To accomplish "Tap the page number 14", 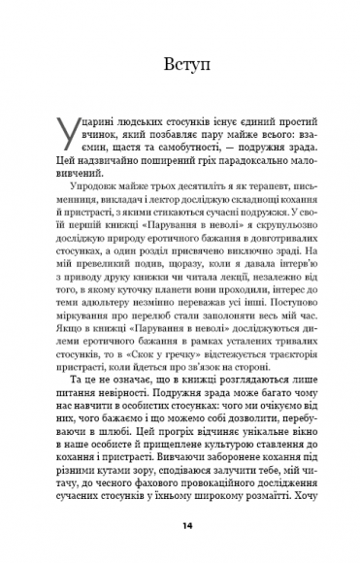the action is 180,525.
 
